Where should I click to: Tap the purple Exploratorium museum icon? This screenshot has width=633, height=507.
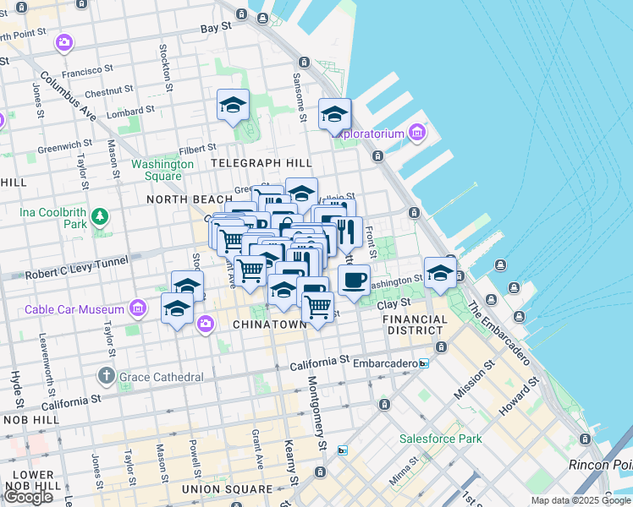416,133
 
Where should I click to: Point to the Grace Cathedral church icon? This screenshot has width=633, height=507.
106,375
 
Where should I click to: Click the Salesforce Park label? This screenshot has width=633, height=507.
441,439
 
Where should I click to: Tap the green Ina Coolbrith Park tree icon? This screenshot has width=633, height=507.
101,217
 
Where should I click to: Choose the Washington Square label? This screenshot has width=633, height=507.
157,170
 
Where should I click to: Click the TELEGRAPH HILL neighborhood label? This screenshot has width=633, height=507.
261,162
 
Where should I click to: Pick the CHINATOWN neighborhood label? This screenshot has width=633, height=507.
269,324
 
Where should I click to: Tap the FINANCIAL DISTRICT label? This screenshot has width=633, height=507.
416,324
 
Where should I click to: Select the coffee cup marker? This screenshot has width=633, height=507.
354,280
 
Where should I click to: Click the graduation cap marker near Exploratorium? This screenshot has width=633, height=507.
334,113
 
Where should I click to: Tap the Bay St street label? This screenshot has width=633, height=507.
216,28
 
